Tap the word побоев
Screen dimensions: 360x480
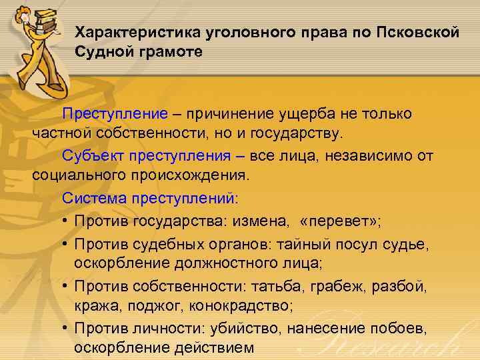point(413,328)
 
